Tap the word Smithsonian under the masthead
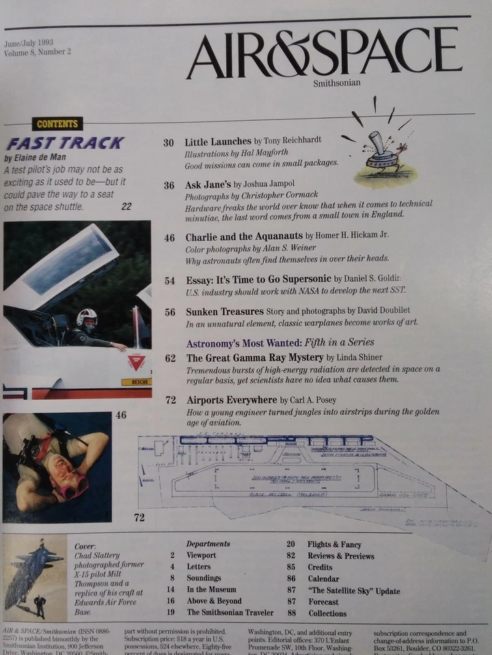tap(336, 83)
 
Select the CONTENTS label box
tap(57, 123)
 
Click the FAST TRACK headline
tap(66, 143)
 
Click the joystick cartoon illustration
tap(384, 154)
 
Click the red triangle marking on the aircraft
tap(136, 362)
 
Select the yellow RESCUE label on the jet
tap(136, 381)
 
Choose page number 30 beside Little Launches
tap(168, 143)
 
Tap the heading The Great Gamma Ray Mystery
tap(255, 357)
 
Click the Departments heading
tap(208, 544)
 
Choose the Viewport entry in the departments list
tap(201, 555)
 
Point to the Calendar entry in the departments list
tap(323, 579)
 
